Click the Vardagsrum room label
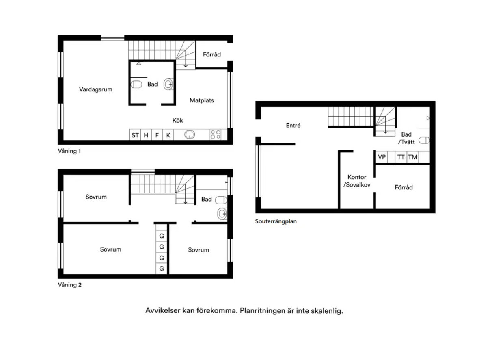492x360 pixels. [x=95, y=89]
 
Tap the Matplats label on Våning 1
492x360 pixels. [x=202, y=100]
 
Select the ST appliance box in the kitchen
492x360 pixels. [x=135, y=135]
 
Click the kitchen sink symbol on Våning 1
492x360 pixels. [x=189, y=134]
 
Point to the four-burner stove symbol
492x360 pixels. [x=216, y=134]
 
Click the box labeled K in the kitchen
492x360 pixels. [x=168, y=135]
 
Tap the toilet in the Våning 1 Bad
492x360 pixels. [x=136, y=85]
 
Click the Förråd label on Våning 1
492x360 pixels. [x=212, y=54]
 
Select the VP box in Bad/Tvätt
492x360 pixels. [x=382, y=157]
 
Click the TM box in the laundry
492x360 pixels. [x=412, y=157]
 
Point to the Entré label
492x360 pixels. [x=293, y=126]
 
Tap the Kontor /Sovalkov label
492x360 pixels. [x=357, y=181]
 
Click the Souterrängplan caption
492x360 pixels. [x=276, y=221]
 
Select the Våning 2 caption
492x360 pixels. [x=70, y=285]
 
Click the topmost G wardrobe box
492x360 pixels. [x=162, y=236]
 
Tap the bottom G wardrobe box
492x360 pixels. [x=162, y=269]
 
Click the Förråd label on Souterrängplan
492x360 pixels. [x=404, y=187]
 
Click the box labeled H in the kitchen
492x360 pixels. [x=146, y=135]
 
